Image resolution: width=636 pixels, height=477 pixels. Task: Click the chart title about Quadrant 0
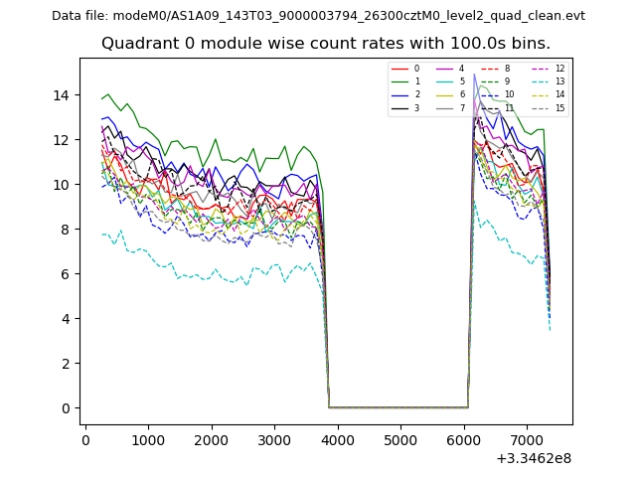point(325,44)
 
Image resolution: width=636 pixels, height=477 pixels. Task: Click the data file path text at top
point(318,16)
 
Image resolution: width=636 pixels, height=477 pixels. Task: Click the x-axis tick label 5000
point(400,438)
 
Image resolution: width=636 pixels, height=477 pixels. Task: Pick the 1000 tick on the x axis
point(148,438)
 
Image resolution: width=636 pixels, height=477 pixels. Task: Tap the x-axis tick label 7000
point(527,438)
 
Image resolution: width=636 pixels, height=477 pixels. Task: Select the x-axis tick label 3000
point(274,438)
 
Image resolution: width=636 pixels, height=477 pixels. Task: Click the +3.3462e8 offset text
point(533,458)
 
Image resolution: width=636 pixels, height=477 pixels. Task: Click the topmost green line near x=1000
point(148,128)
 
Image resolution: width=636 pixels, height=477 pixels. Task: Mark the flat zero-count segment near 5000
point(400,407)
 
